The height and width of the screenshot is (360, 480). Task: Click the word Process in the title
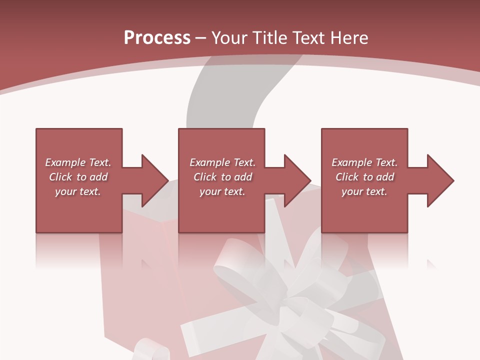pos(157,38)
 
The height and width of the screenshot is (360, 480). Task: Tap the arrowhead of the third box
pos(440,180)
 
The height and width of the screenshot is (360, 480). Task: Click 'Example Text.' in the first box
pos(78,162)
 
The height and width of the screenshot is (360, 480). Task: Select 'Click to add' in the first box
pos(78,177)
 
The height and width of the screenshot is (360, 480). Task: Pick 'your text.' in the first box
pos(78,191)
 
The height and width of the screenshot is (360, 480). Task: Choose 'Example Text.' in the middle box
pos(222,162)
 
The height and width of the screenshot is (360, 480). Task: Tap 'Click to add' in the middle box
pos(222,177)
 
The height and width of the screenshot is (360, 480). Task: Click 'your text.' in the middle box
pos(222,191)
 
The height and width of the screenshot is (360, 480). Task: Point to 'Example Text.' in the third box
pos(364,162)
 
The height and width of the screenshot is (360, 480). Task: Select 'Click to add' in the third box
pos(364,177)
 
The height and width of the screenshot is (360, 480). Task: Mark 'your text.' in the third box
pos(364,191)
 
